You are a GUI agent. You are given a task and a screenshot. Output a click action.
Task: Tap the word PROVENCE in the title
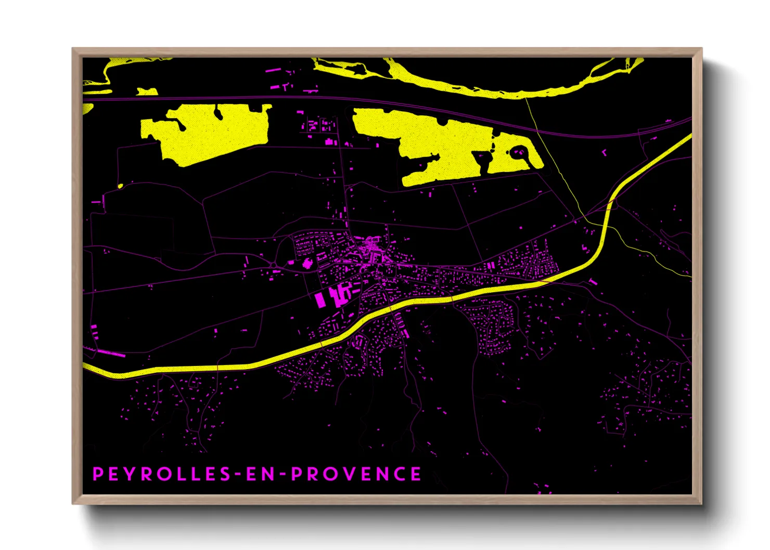[x=356, y=474]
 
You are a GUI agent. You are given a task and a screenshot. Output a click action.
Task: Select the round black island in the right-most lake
[x=518, y=152]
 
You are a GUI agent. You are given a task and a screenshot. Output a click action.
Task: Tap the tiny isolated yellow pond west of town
[x=120, y=186]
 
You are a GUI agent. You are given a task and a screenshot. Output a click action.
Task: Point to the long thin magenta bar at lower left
[x=111, y=353]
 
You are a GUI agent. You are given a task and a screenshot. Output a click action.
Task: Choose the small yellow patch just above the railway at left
[x=147, y=91]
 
